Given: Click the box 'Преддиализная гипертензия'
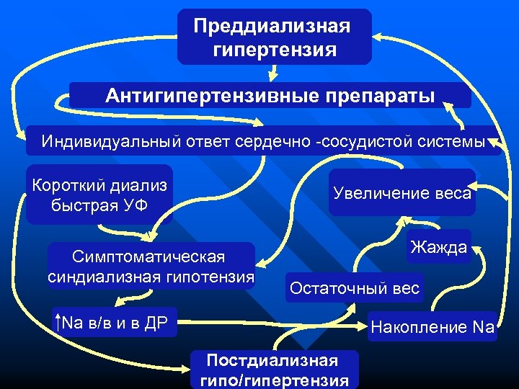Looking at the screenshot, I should [x=274, y=37].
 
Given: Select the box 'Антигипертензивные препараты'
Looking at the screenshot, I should [x=270, y=95].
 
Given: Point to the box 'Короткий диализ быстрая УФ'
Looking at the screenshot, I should [x=99, y=194].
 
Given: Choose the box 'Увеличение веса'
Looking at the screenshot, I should [x=402, y=192].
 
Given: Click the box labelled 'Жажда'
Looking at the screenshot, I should [x=438, y=248].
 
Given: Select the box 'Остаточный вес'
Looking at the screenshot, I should [x=354, y=289].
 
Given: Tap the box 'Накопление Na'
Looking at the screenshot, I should [x=432, y=327].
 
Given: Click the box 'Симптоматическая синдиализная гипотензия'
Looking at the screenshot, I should [x=151, y=267].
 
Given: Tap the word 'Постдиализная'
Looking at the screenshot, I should [x=272, y=359].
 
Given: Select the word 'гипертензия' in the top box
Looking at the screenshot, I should [x=275, y=50].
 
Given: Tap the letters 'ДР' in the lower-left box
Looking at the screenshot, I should [x=154, y=323].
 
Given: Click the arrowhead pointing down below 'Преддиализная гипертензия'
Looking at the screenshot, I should [x=274, y=75].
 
